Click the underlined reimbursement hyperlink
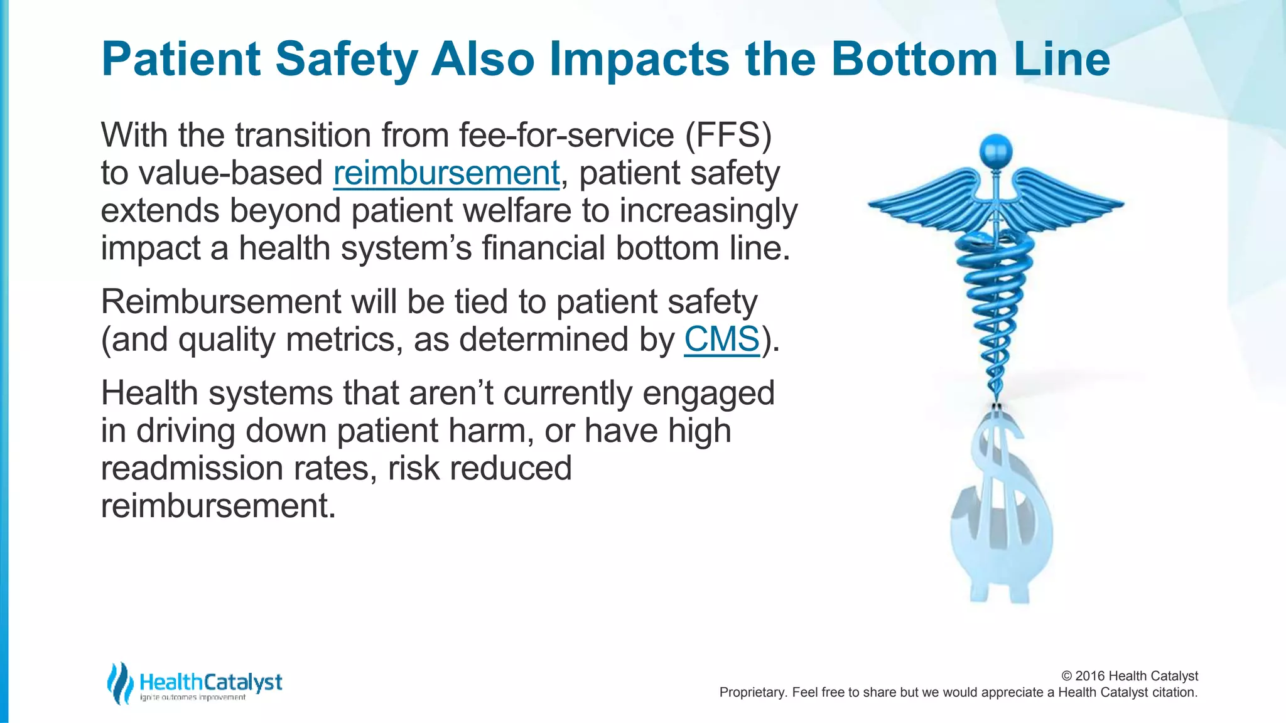click(x=446, y=173)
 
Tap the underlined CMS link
click(x=721, y=340)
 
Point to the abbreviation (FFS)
click(x=728, y=135)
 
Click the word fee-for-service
click(x=566, y=135)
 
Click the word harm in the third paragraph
click(x=493, y=431)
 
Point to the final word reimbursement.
click(x=217, y=506)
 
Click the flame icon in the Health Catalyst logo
click(x=119, y=683)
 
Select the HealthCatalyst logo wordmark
click(x=211, y=682)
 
